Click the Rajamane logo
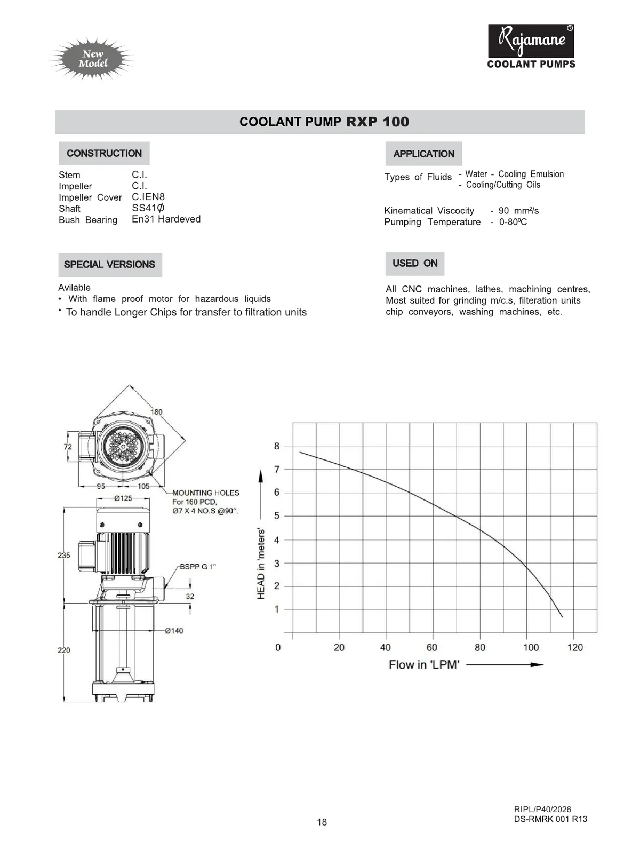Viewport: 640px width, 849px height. point(531,42)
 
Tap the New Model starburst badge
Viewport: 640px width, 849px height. point(93,59)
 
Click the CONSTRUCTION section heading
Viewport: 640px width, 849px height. point(104,154)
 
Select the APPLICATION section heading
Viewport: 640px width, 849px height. point(423,154)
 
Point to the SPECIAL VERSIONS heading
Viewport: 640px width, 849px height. point(109,265)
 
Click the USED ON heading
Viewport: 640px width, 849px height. point(415,264)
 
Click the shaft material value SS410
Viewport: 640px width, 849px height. point(148,208)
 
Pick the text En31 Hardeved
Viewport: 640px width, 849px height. point(166,219)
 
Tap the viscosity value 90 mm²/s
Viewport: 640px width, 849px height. point(518,211)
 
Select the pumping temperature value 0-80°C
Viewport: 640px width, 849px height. point(513,222)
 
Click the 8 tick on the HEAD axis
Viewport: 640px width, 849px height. point(277,446)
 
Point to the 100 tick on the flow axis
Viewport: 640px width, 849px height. point(531,648)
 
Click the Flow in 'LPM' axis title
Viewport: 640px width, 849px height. point(424,665)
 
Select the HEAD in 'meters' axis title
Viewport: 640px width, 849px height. point(261,564)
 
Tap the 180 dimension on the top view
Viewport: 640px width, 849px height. point(156,412)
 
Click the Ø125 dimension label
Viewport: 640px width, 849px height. point(123,498)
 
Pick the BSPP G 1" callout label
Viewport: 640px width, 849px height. point(197,567)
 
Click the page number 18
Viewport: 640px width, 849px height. point(322,822)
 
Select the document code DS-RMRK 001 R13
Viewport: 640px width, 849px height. point(550,819)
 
